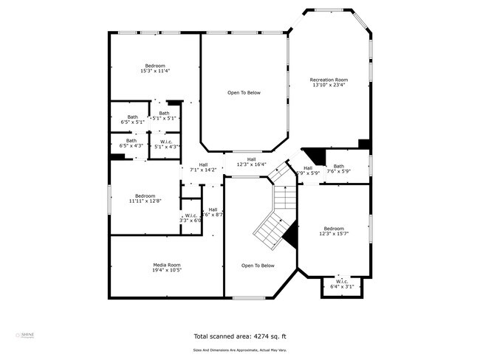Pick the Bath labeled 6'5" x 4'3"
click(x=131, y=143)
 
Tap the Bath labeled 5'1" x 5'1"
click(x=163, y=115)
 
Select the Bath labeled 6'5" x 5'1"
click(x=132, y=119)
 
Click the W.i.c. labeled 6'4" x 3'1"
click(x=342, y=283)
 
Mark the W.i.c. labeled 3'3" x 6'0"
click(x=191, y=218)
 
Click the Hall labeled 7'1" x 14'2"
click(x=203, y=167)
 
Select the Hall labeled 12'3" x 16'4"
click(x=251, y=162)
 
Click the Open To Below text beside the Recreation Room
click(x=244, y=93)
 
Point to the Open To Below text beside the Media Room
click(x=258, y=266)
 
